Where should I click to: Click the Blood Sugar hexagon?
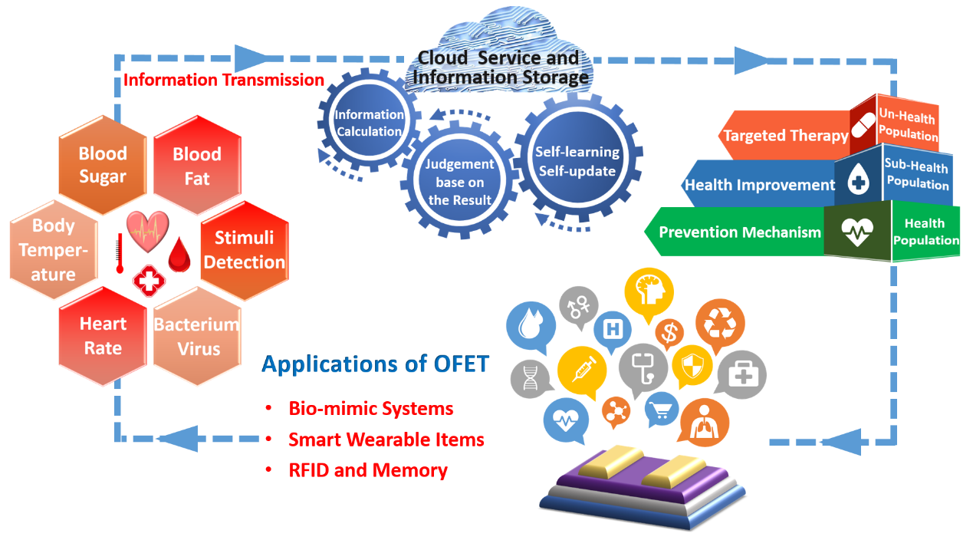tap(103, 165)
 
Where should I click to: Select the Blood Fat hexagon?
tap(197, 166)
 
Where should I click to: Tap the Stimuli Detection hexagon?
tap(244, 250)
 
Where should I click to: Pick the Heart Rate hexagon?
tap(103, 336)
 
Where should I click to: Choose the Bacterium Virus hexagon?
tap(198, 336)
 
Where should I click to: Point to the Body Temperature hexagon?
tap(54, 250)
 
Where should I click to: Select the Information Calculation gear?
tap(369, 123)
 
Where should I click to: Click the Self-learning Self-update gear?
tap(577, 161)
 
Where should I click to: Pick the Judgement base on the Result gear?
tap(460, 182)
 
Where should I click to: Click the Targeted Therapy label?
tap(785, 136)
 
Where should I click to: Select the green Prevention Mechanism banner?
tap(739, 232)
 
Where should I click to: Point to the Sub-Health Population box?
tap(916, 174)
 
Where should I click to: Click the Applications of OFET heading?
tap(375, 363)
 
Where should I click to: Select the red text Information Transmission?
tap(224, 80)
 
